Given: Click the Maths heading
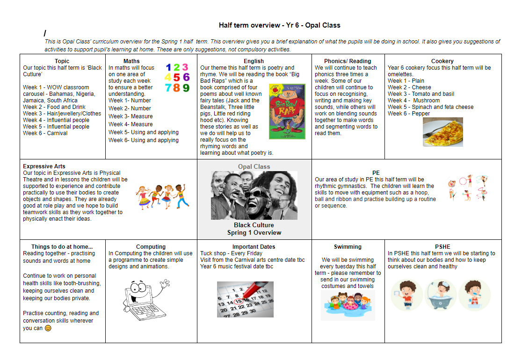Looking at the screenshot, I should coord(131,61).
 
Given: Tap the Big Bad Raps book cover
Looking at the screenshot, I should coord(287,111).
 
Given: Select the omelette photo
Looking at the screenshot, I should coord(442,132).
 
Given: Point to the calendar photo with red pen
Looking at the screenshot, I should coord(245,299).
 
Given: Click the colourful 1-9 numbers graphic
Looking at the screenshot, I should coord(177,78).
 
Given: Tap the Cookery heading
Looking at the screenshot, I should coord(442,61).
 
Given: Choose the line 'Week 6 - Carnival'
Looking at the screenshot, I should coord(45,133).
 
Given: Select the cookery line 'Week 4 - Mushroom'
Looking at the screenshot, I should coord(413,101).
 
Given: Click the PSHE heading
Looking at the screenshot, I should coord(442,247).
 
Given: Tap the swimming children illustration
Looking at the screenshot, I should coord(348,305).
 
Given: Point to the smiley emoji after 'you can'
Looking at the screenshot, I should coord(48,328).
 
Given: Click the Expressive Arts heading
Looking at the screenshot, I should coord(44,166).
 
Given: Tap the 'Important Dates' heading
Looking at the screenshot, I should coord(254,247).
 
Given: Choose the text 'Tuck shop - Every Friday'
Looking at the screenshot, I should coord(231,253).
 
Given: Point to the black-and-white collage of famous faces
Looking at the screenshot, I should coord(254,195).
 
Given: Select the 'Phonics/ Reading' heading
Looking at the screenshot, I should coord(348,61).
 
